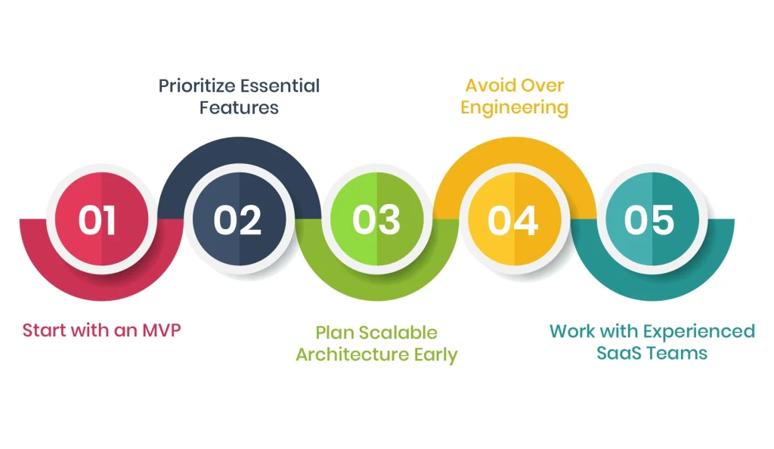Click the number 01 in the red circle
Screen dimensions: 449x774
click(x=97, y=220)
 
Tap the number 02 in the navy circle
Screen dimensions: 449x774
click(x=237, y=220)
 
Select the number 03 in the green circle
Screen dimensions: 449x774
click(x=376, y=220)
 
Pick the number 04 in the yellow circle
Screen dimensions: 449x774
click(x=513, y=220)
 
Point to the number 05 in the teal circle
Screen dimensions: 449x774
click(x=649, y=220)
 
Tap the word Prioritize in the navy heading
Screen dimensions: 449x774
click(x=197, y=86)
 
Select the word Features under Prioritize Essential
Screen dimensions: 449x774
click(x=239, y=108)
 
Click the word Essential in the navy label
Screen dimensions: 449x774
click(x=280, y=86)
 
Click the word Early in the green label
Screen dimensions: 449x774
click(x=432, y=355)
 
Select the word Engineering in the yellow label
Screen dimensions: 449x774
click(x=514, y=108)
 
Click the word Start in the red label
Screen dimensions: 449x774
click(x=44, y=330)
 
